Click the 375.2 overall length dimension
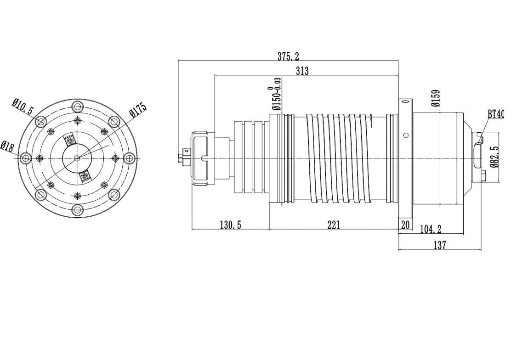[x=288, y=56]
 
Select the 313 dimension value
[x=302, y=71]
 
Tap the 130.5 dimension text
[x=230, y=225]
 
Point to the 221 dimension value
[x=334, y=225]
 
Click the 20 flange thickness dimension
[x=405, y=225]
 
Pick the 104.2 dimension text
[x=431, y=229]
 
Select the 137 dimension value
[x=440, y=245]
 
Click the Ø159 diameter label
[x=436, y=98]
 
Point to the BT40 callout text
[x=496, y=114]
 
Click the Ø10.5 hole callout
[x=23, y=107]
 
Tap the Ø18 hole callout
[x=7, y=146]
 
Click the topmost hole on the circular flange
[x=77, y=106]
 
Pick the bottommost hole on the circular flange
[x=77, y=210]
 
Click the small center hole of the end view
[x=77, y=158]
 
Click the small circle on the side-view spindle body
[x=406, y=135]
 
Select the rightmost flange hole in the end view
[x=130, y=158]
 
